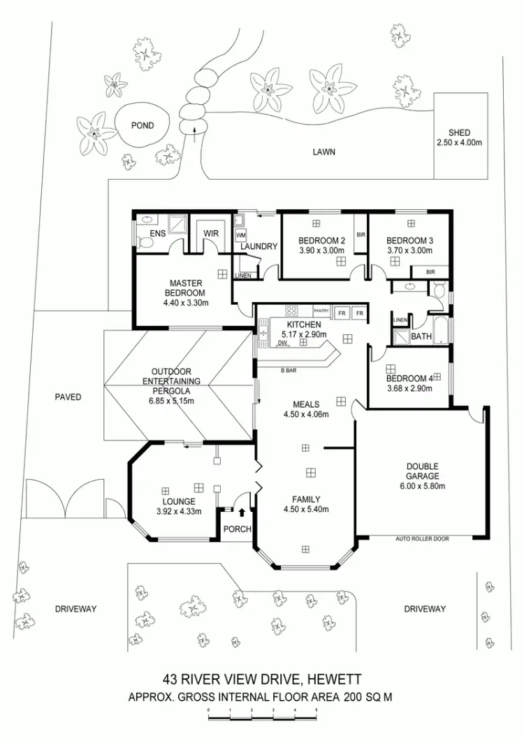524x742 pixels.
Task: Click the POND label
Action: click(143, 126)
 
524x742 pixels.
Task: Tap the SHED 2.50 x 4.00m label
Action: click(459, 138)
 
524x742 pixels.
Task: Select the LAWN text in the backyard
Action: click(324, 152)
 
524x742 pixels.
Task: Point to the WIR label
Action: click(211, 234)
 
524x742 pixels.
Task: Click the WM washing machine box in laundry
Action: click(240, 235)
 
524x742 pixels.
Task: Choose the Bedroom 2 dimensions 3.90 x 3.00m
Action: click(321, 251)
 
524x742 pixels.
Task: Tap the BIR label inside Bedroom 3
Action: click(430, 272)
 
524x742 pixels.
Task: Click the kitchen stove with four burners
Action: click(291, 311)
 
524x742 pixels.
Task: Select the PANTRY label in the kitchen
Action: click(321, 311)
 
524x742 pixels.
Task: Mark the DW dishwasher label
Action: click(282, 343)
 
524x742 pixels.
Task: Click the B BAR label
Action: click(289, 371)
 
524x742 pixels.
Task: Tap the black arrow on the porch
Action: click(242, 512)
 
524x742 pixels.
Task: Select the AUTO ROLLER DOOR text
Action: click(422, 538)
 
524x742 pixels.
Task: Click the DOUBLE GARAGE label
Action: click(422, 471)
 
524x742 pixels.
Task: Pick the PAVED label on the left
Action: click(68, 397)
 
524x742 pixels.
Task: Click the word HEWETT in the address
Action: click(335, 680)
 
